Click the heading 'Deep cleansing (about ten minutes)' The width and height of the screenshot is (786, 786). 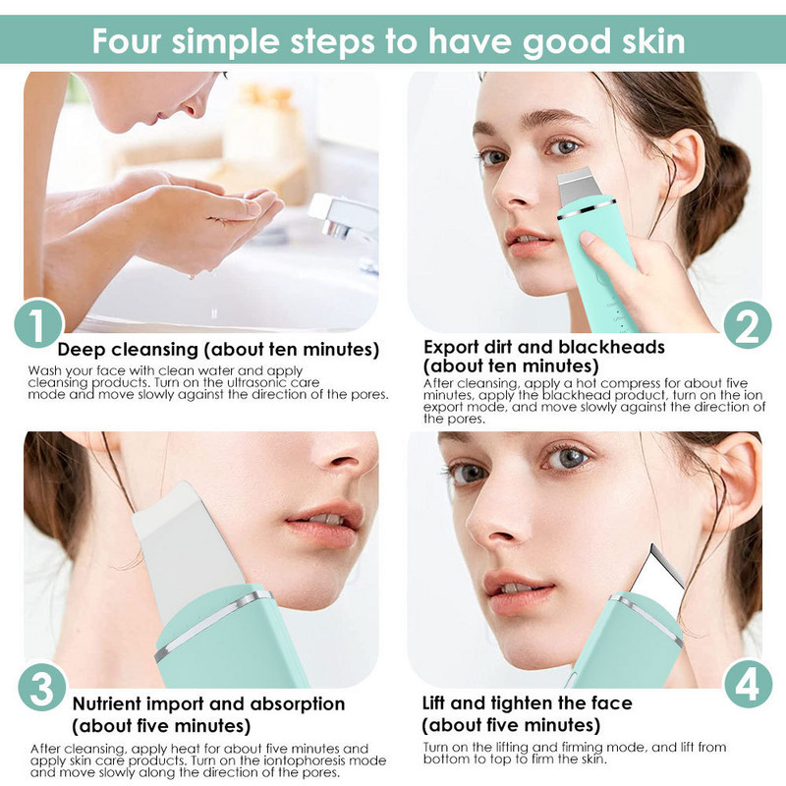[218, 350]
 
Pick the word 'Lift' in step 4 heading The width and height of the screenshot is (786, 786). [439, 703]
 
